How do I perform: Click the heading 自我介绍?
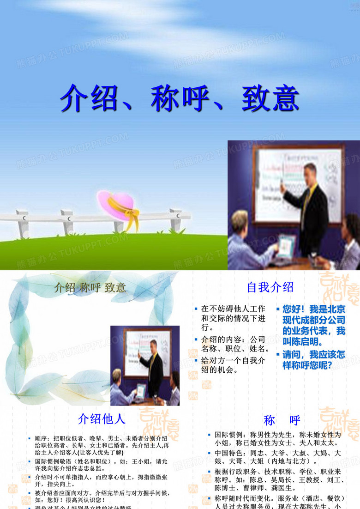[x=270, y=287]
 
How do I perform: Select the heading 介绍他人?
[x=102, y=419]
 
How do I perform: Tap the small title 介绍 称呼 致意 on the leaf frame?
[x=90, y=288]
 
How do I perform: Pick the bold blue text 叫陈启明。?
[x=302, y=342]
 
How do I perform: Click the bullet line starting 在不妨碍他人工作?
[x=233, y=309]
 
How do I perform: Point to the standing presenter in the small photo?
[x=152, y=365]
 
